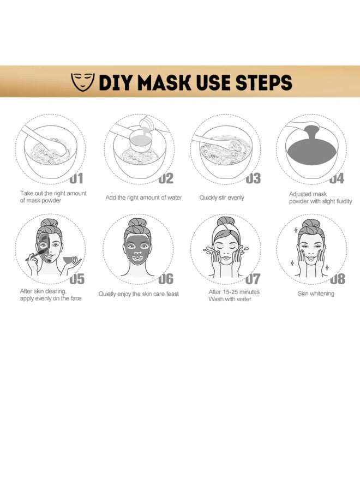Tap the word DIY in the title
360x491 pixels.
[x=117, y=82]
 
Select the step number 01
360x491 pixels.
[x=76, y=177]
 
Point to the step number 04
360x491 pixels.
[x=337, y=178]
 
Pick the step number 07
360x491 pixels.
[x=252, y=279]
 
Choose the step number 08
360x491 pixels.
[x=337, y=279]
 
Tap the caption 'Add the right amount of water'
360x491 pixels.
[x=143, y=197]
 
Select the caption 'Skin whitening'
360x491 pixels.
[x=316, y=294]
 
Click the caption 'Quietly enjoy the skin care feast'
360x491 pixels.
[x=139, y=294]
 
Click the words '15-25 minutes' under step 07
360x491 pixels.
[x=240, y=292]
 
